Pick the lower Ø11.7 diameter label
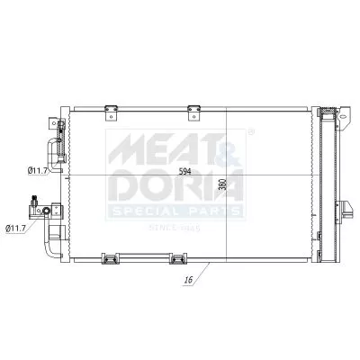tap(17, 229)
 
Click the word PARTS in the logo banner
tap(212, 211)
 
